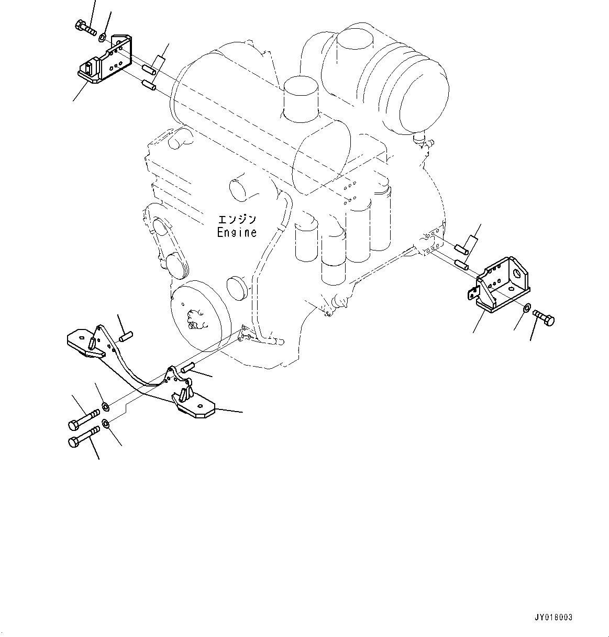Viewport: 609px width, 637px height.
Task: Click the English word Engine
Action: (237, 232)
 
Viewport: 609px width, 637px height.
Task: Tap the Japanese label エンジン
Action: (237, 220)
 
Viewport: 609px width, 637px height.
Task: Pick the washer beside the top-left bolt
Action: (104, 37)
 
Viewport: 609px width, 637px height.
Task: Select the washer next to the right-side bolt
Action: (527, 307)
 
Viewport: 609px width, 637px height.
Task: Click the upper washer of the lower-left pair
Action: (105, 406)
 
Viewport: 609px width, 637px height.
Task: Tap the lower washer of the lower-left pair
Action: (105, 424)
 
